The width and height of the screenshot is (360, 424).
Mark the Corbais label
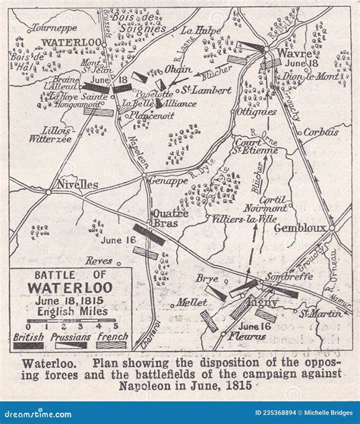[x=321, y=132]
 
